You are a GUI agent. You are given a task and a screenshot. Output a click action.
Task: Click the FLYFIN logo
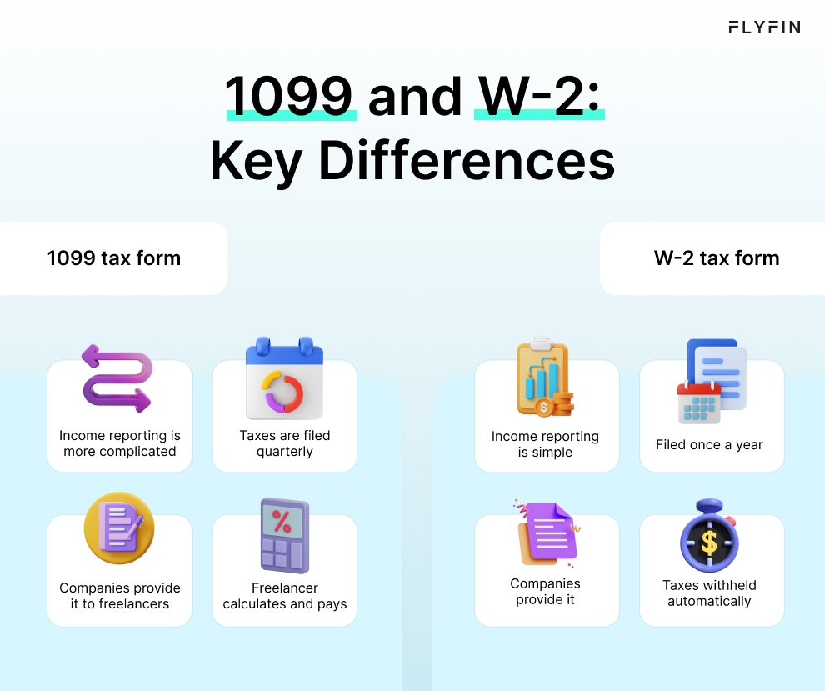(764, 28)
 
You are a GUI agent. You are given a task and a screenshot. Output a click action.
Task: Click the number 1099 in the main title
(289, 97)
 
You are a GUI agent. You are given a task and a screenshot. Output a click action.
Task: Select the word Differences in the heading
(467, 161)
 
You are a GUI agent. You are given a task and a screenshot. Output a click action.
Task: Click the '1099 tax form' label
(114, 258)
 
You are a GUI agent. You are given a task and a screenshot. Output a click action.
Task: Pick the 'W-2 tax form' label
(717, 258)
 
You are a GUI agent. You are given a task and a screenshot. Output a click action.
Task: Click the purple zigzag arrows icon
(117, 378)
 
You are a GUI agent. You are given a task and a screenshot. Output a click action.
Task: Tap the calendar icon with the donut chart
(285, 378)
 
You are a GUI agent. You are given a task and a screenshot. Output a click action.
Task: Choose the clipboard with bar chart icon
(545, 377)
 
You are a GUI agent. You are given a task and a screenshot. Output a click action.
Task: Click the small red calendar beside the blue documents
(699, 403)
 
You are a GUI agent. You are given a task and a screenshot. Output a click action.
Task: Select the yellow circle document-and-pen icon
(119, 528)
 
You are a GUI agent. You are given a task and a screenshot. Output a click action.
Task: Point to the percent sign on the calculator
(282, 522)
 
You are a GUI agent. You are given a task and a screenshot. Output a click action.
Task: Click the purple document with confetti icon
(547, 533)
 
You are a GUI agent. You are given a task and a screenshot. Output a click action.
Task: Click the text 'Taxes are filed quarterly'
(285, 443)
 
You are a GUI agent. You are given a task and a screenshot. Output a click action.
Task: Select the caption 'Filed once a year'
(709, 445)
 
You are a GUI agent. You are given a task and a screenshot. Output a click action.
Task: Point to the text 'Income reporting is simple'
(545, 444)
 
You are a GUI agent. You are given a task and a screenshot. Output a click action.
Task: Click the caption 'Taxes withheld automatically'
(709, 593)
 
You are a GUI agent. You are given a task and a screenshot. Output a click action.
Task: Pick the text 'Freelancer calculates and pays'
(285, 596)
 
